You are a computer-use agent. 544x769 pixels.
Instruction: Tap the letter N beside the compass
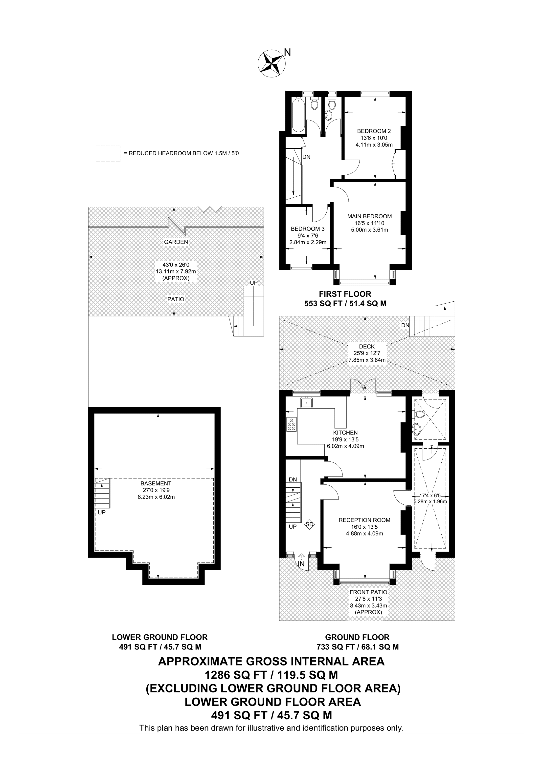pyautogui.click(x=287, y=52)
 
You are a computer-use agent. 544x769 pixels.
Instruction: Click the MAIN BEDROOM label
pyautogui.click(x=369, y=216)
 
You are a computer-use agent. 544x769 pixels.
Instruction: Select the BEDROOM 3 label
pyautogui.click(x=307, y=229)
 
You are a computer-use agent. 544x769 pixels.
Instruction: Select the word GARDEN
pyautogui.click(x=176, y=242)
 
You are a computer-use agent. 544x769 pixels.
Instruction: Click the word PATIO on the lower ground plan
pyautogui.click(x=176, y=299)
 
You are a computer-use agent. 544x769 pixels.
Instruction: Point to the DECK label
pyautogui.click(x=367, y=347)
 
